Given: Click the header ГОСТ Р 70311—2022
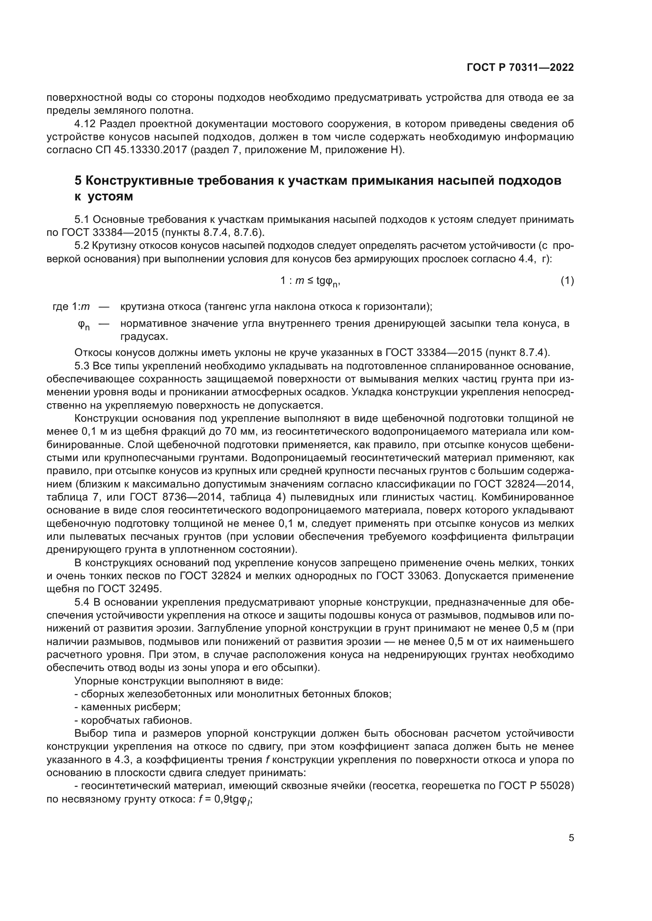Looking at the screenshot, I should pos(520,67).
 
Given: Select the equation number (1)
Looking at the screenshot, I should pos(567,281).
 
